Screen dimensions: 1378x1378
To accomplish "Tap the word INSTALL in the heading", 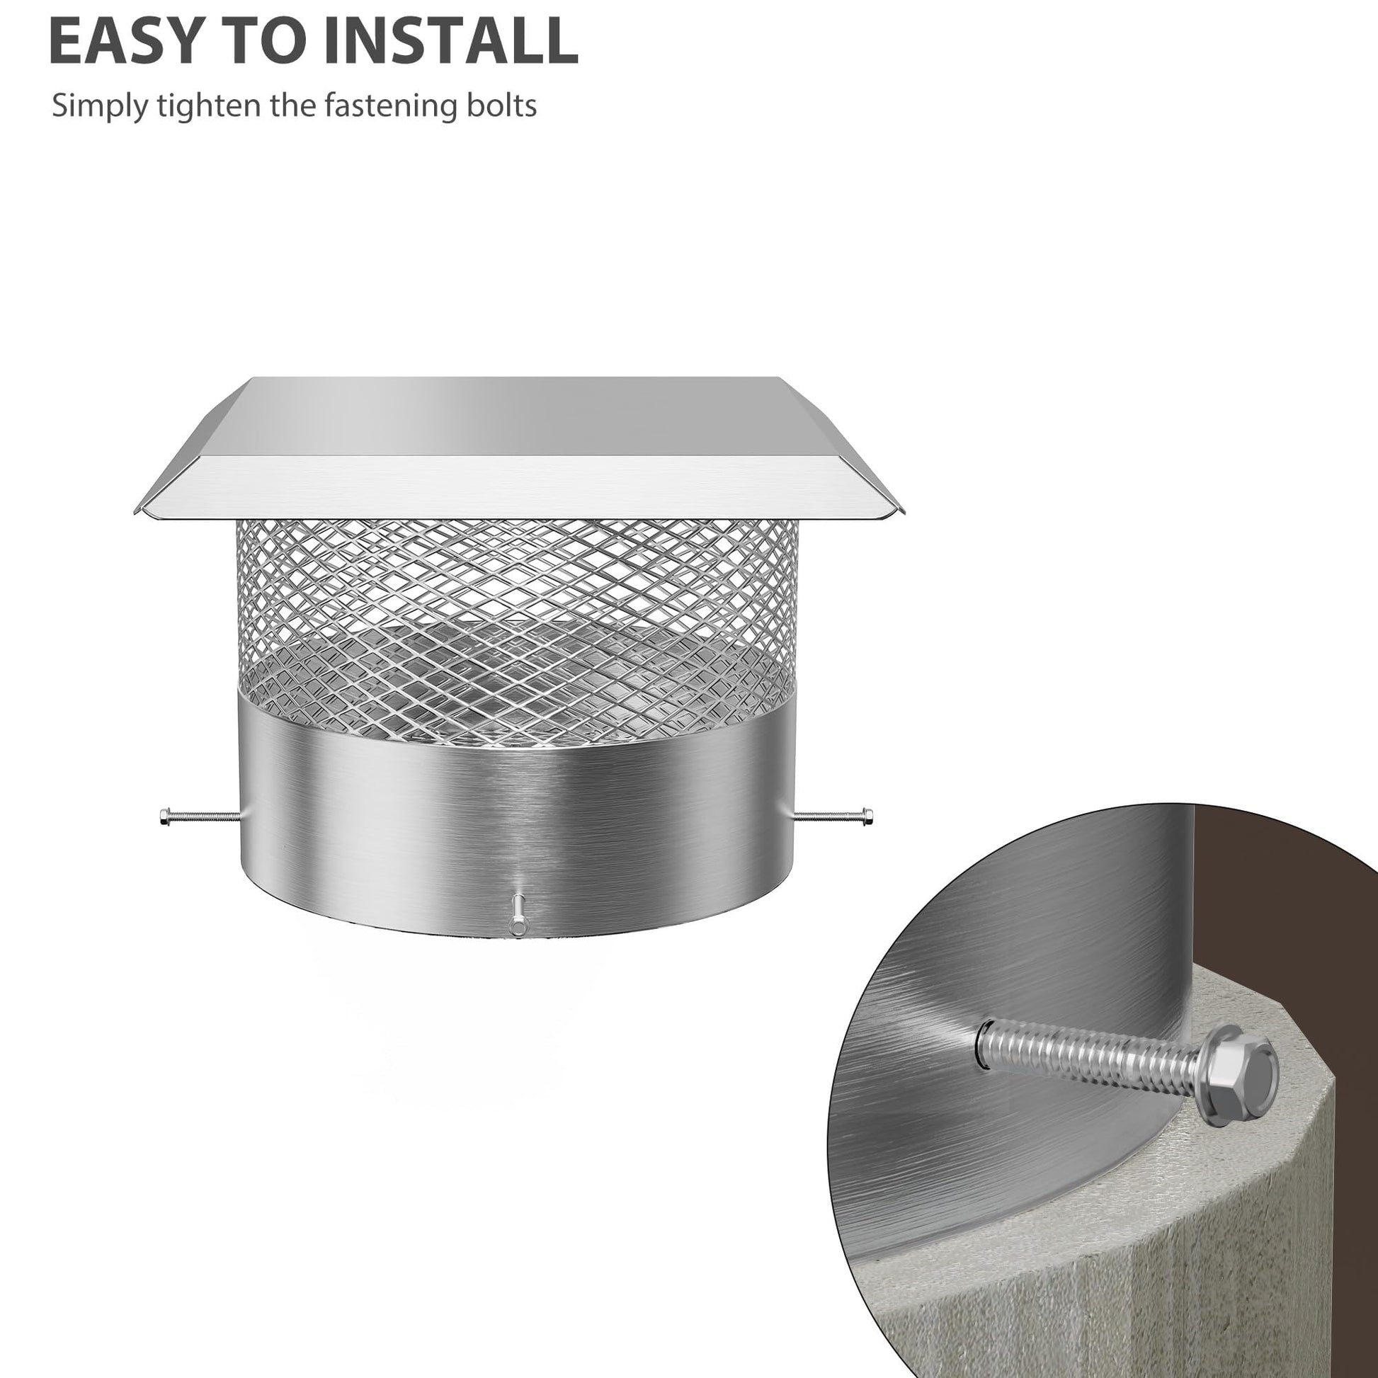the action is point(451,40).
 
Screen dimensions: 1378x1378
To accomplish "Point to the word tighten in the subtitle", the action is point(210,106).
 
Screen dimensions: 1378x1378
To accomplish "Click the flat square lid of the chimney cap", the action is point(521,448).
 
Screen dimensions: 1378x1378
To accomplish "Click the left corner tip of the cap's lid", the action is point(135,511).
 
